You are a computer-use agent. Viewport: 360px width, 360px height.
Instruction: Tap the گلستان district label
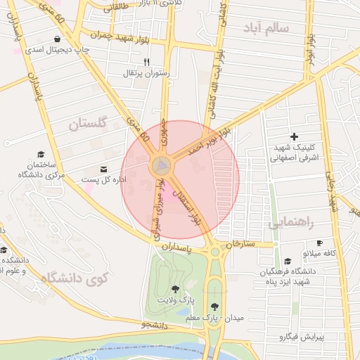tap(87, 125)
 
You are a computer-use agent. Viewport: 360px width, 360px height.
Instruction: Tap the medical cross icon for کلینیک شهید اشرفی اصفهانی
tap(294, 136)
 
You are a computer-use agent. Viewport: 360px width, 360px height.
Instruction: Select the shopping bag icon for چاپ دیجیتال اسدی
tap(57, 39)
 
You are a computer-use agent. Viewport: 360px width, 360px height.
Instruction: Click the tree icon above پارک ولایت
tap(174, 288)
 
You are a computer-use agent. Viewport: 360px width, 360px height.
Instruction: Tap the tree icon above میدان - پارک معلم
tap(214, 307)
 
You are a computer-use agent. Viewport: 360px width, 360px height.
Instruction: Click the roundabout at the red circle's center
tap(162, 166)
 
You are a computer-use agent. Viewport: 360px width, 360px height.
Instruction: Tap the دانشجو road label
tap(153, 325)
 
